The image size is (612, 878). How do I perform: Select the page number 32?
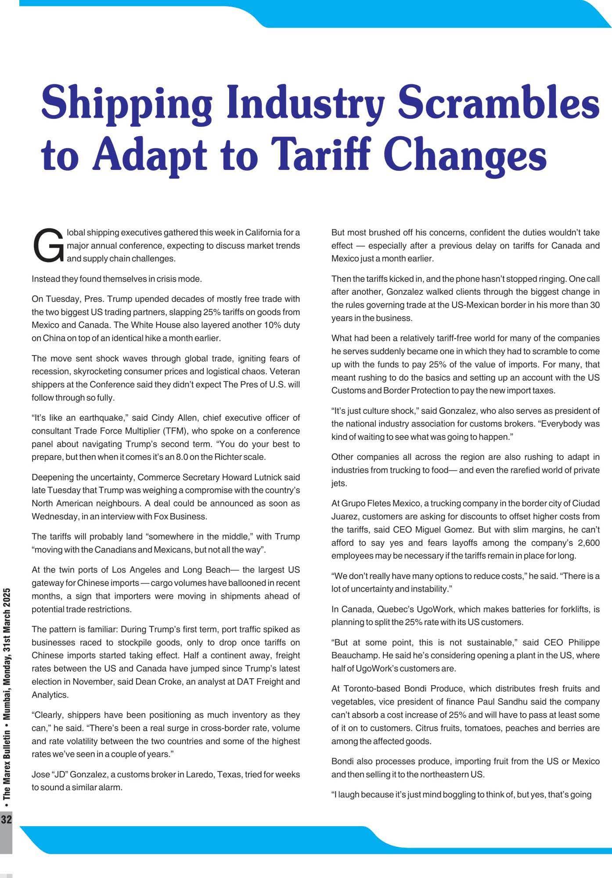(6, 819)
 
